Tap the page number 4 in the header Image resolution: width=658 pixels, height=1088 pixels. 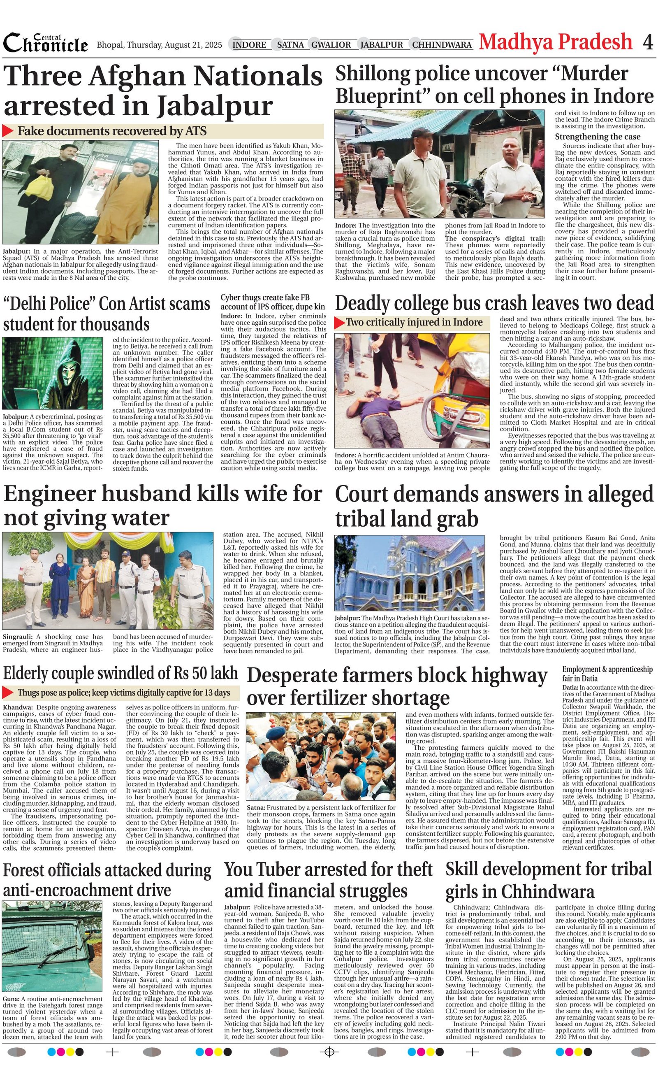647,42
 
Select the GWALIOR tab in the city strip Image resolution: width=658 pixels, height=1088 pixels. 331,44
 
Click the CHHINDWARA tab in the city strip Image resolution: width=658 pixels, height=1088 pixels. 442,44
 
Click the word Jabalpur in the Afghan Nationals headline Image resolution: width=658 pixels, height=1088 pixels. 215,106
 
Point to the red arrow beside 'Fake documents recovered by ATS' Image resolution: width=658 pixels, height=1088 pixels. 8,131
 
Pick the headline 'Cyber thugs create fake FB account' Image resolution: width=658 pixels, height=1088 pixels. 273,302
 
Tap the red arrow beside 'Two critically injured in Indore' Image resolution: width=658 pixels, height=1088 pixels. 339,323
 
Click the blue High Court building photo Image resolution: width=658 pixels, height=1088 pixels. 409,573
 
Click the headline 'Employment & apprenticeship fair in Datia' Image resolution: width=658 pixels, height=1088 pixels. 607,674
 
